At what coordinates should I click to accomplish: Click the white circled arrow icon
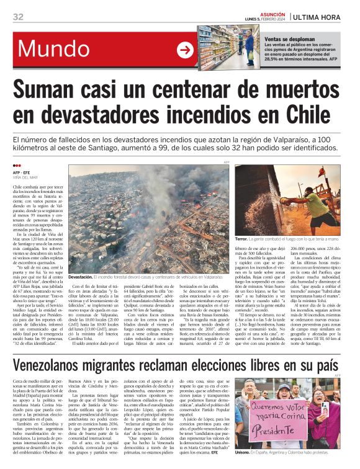pos(186,50)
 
